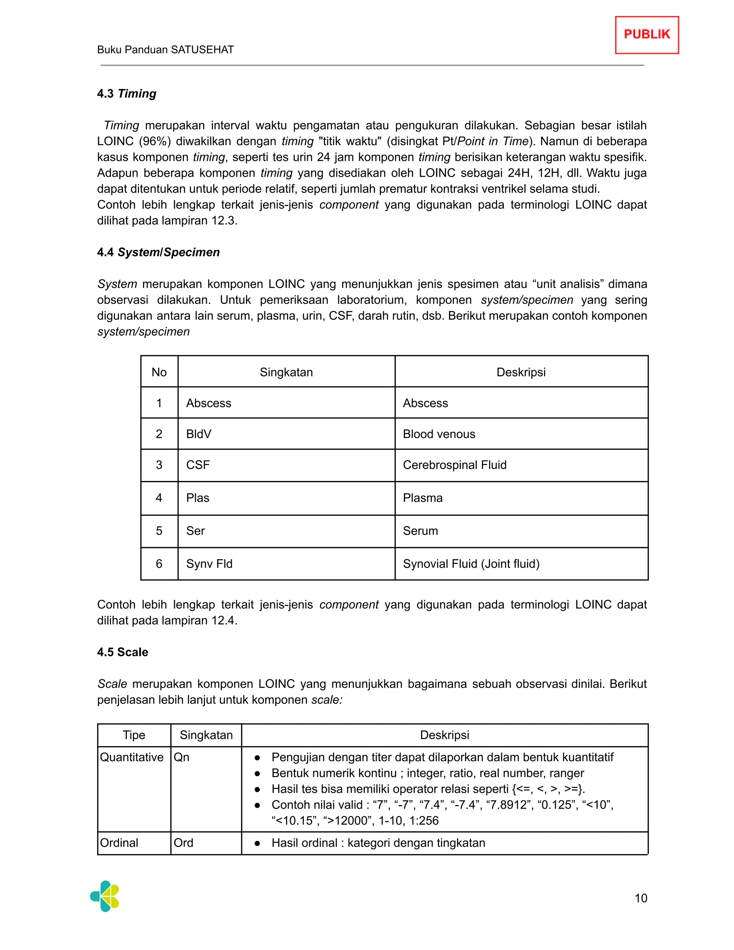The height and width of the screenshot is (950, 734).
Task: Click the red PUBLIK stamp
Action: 647,35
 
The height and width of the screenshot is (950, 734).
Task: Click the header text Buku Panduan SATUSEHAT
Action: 165,49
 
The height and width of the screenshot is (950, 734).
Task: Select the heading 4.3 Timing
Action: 127,94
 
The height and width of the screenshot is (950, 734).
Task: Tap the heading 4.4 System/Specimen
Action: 158,252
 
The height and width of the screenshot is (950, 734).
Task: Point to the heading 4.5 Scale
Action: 123,652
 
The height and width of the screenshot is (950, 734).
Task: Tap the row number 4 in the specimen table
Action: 159,498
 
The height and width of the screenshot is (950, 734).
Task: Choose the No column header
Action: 159,372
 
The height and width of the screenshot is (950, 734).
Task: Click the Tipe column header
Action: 134,735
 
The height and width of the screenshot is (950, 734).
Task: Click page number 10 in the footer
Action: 640,898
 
